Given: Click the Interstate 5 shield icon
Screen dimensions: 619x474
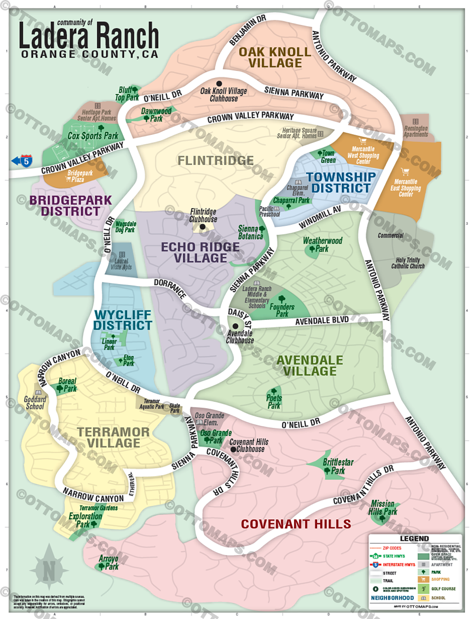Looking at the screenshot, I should [x=26, y=161].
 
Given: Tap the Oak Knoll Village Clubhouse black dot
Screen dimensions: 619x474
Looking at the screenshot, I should [x=219, y=84].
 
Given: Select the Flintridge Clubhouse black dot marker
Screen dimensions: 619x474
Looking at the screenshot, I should [x=202, y=227].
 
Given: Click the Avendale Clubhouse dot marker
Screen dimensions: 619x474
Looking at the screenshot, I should [x=235, y=326].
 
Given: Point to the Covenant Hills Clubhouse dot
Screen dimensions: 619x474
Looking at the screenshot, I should [x=233, y=450].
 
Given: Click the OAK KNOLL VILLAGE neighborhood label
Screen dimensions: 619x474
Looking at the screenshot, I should [x=275, y=58].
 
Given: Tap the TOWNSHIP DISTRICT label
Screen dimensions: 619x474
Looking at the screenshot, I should [x=341, y=183].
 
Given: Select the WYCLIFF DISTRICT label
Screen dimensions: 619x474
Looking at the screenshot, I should [x=123, y=320].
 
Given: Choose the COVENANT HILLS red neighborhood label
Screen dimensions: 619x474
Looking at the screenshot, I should [x=296, y=524].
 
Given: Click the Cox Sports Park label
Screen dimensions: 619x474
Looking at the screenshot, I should [x=93, y=135].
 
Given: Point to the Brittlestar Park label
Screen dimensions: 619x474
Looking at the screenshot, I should [x=338, y=466].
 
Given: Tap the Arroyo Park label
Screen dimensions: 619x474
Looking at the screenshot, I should [x=109, y=563].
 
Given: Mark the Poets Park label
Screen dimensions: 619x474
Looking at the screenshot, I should [x=274, y=401].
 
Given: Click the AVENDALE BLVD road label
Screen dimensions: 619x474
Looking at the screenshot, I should [x=322, y=320].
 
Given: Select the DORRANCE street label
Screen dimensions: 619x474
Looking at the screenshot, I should [x=170, y=288].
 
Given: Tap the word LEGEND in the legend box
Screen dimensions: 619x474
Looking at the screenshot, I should [x=414, y=538].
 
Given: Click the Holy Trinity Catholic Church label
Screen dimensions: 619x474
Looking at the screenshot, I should [x=408, y=263].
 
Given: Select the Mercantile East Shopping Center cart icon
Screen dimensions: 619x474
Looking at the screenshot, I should [x=405, y=172].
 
